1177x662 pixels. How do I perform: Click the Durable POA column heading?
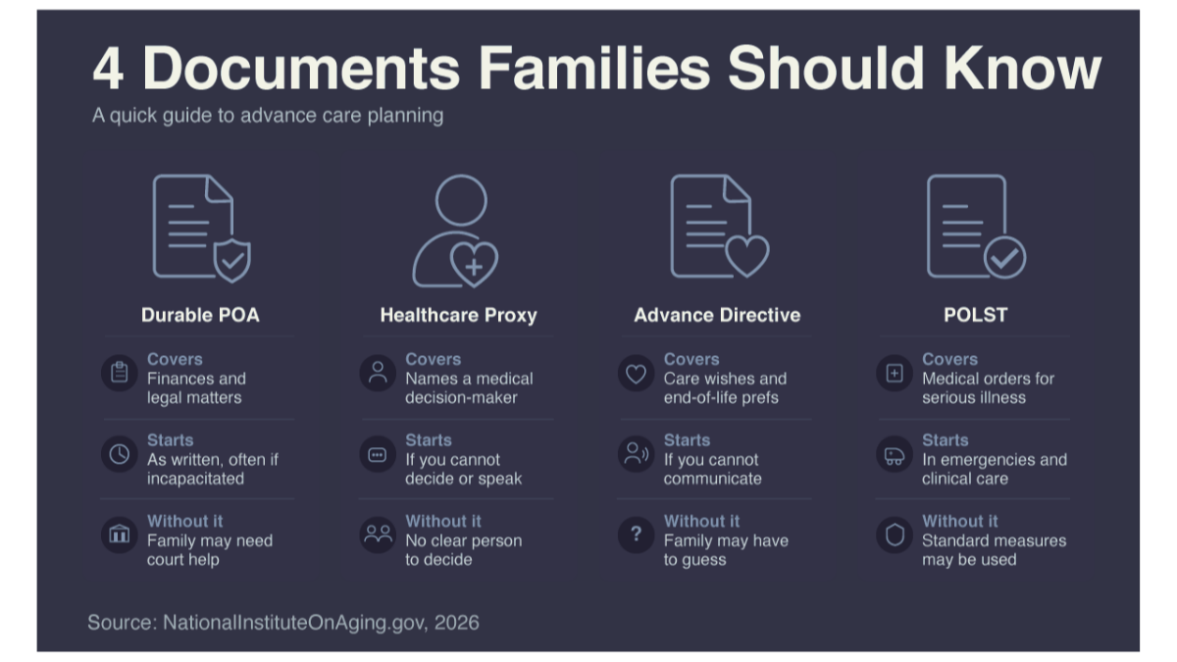tap(200, 315)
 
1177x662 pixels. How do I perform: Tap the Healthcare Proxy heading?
tap(458, 315)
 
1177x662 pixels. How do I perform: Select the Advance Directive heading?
tap(717, 315)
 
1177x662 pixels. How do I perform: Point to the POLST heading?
tap(976, 315)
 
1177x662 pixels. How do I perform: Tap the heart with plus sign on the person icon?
tap(474, 264)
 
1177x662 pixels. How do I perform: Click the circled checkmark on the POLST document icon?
tap(1004, 257)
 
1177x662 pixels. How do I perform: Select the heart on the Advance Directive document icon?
tap(747, 256)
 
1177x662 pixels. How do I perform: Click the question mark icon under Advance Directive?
tap(636, 535)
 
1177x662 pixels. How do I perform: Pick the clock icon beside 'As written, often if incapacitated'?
tap(120, 454)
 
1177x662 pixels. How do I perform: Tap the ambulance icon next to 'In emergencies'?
tap(895, 454)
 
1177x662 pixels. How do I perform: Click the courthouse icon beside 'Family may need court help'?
tap(120, 535)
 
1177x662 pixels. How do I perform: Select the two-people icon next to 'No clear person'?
tap(378, 535)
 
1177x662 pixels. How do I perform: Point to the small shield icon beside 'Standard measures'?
tap(895, 535)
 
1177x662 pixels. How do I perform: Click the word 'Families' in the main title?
tap(593, 69)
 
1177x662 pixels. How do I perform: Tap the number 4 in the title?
tap(108, 69)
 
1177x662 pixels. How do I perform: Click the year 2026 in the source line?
tap(457, 622)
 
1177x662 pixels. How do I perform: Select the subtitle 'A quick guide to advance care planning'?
tap(268, 116)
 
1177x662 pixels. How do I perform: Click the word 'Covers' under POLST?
tap(949, 359)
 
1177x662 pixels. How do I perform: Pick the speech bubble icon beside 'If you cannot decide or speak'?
tap(378, 454)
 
